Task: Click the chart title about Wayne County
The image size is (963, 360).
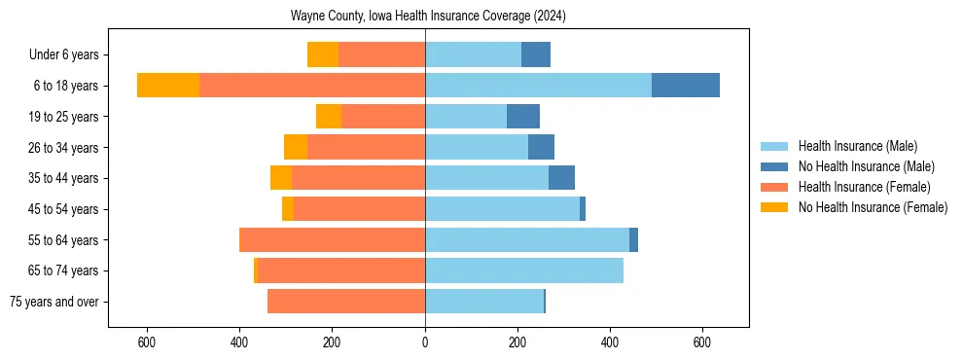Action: coord(428,17)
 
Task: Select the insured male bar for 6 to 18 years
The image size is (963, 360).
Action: coord(538,86)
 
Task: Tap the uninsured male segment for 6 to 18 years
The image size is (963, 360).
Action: coord(686,86)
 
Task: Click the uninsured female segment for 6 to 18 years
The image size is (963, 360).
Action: coord(168,86)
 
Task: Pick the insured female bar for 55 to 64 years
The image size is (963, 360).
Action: coord(333,239)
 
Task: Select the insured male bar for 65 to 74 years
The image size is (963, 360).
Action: coord(524,270)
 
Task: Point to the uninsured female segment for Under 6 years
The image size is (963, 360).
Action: coord(323,54)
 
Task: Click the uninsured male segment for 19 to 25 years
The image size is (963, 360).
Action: coord(523,117)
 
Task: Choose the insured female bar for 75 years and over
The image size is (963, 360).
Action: coord(346,302)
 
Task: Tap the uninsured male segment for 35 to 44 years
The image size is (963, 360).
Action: coord(561,178)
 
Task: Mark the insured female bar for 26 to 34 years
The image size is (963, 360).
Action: coord(367,147)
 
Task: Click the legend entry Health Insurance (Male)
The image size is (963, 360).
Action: coord(857,146)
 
